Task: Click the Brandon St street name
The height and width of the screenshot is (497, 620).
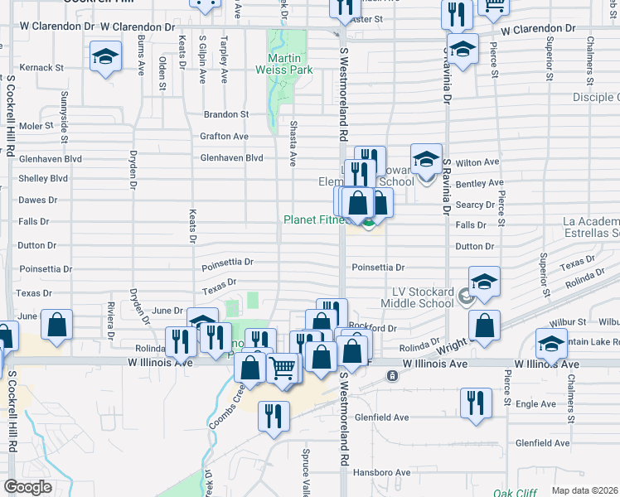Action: click(x=227, y=114)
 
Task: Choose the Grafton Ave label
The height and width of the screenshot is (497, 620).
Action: click(x=224, y=136)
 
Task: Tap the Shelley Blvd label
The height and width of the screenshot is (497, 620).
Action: click(x=43, y=178)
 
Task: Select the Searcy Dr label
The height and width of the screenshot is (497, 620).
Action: click(x=474, y=205)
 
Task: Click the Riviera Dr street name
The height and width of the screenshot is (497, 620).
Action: click(x=110, y=316)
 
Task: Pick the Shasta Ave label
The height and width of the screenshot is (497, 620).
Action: click(x=293, y=133)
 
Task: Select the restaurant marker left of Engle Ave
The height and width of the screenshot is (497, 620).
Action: click(x=475, y=403)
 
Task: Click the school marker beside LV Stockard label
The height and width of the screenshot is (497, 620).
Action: click(x=485, y=281)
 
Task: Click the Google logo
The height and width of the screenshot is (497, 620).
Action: click(x=28, y=487)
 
